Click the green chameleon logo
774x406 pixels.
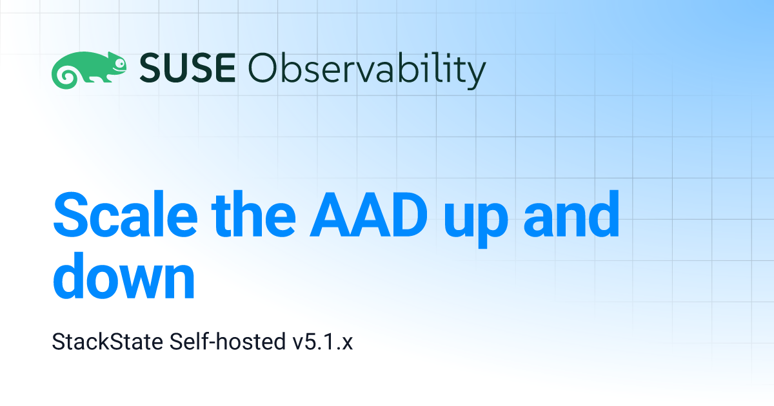(89, 70)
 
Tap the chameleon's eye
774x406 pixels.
(120, 63)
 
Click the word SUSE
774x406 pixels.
(188, 68)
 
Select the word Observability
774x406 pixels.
(367, 71)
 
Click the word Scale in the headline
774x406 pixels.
(125, 215)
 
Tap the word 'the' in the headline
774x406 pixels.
(253, 215)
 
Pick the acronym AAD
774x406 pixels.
(368, 215)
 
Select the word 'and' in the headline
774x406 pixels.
(571, 215)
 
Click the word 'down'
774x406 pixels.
(124, 276)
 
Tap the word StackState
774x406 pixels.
(108, 342)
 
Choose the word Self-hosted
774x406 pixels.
(227, 342)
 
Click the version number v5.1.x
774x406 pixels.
(322, 342)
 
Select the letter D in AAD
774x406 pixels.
(408, 215)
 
